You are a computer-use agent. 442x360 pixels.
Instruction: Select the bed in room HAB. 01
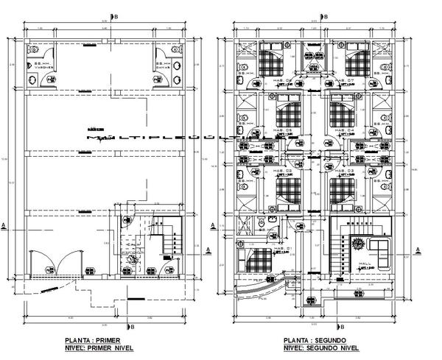[x=259, y=260]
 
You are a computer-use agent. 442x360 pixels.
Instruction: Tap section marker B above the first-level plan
[x=110, y=14]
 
